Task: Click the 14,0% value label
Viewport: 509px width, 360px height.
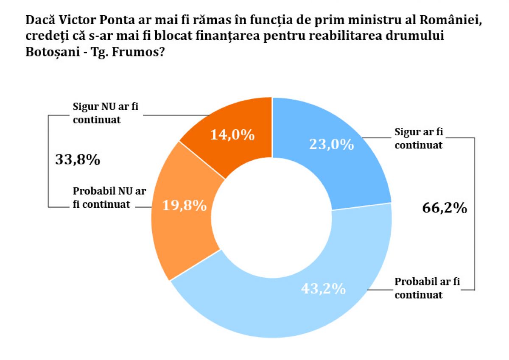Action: (232, 135)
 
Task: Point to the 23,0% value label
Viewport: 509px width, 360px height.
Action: (331, 145)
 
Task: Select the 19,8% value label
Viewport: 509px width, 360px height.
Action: (185, 206)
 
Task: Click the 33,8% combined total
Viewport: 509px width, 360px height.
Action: (78, 160)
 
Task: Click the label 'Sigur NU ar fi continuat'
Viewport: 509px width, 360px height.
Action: (105, 113)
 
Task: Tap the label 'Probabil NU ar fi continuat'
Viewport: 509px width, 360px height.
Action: (109, 197)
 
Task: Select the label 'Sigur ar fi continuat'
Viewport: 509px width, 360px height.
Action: (418, 138)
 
